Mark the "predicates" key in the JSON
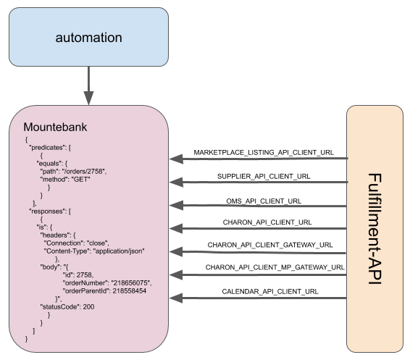pyautogui.click(x=49, y=147)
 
